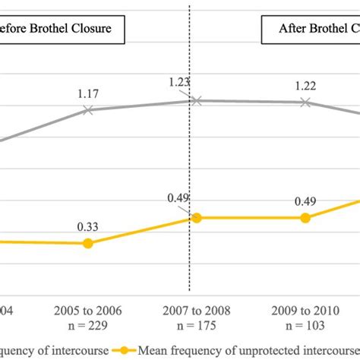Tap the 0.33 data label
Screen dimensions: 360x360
coord(88,226)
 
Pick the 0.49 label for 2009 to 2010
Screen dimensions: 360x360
coord(305,202)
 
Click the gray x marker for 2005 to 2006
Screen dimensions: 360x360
coord(88,110)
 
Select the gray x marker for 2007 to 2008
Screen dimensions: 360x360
coord(196,100)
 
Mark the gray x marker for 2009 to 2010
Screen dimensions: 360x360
coord(305,102)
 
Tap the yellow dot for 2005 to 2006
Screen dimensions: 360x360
coord(88,243)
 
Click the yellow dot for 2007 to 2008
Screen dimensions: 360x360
coord(196,218)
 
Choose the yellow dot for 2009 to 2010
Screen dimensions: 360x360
coord(305,218)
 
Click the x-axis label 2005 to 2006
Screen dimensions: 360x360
coord(88,311)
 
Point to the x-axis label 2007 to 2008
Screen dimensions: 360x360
coord(196,311)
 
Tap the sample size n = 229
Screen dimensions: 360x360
coord(88,325)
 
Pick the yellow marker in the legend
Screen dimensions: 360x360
coord(122,350)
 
